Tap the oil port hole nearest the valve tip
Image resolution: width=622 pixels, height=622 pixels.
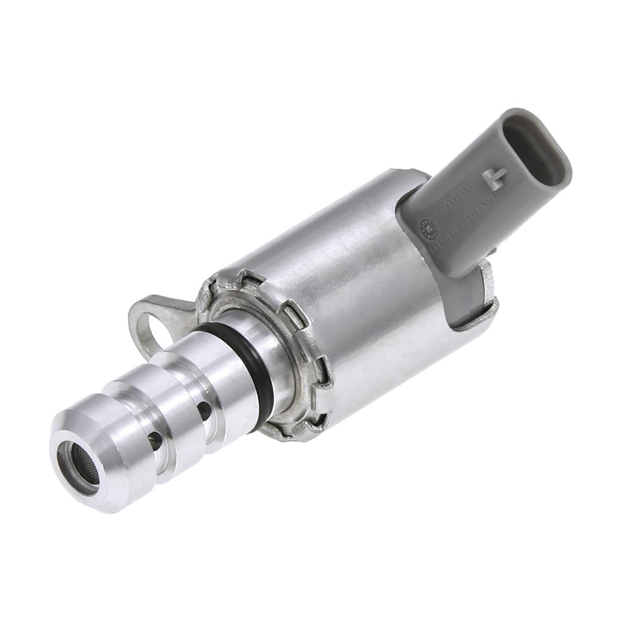(x=155, y=440)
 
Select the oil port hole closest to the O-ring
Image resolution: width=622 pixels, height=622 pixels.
(x=203, y=409)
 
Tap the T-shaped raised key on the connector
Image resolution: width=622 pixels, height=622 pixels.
(x=496, y=179)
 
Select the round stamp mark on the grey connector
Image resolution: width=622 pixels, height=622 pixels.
(x=429, y=228)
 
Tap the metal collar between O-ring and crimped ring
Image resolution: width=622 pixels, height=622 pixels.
(x=274, y=355)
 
